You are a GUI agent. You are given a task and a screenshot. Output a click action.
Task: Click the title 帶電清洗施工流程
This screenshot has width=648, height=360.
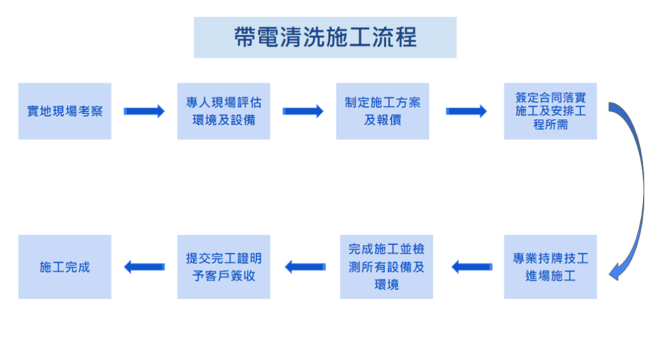[x=325, y=37]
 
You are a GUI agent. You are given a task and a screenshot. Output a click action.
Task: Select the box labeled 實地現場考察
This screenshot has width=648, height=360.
[x=65, y=111]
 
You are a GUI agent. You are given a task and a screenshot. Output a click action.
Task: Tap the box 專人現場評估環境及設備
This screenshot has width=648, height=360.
[x=223, y=111]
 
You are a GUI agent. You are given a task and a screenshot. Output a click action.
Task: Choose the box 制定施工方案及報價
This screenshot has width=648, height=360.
[x=382, y=111]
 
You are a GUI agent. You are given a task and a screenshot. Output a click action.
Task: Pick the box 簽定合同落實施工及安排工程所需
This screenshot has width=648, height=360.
[x=550, y=111]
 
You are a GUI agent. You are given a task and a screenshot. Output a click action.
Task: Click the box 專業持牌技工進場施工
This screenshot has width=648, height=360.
[x=550, y=267]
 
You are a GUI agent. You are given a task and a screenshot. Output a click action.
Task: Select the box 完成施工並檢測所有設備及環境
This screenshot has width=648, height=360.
[x=386, y=267]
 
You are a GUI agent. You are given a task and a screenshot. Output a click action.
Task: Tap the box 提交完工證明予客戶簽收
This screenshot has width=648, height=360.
[x=223, y=267]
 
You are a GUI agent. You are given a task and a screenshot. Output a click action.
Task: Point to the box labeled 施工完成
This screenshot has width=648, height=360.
[x=65, y=267]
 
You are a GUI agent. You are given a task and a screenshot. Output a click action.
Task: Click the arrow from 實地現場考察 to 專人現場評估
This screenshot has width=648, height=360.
[x=144, y=111]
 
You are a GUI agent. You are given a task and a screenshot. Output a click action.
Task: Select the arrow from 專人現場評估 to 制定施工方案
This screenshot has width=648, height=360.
[x=302, y=111]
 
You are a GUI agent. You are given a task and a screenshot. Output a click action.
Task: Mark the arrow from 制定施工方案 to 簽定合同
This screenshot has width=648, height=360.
[x=466, y=111]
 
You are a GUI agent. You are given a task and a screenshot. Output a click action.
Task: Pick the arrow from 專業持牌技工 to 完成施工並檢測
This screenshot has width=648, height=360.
[x=472, y=267]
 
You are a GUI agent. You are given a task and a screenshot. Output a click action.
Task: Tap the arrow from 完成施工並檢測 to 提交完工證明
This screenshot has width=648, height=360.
[x=305, y=267]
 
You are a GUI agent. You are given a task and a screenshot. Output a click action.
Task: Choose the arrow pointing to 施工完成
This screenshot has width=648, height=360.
[x=144, y=267]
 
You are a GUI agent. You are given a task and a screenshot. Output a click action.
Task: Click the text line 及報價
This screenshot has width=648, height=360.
[x=382, y=120]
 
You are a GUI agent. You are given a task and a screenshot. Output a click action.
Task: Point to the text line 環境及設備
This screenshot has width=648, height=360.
[x=223, y=120]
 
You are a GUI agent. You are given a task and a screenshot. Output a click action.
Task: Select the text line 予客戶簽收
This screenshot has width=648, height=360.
[x=223, y=276]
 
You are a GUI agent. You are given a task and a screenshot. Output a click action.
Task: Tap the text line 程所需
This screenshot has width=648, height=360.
[x=550, y=125]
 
